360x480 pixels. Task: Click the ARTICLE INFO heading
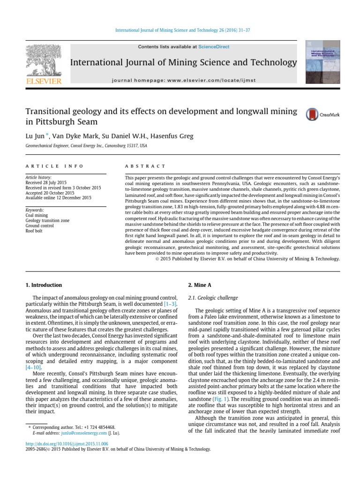(54, 166)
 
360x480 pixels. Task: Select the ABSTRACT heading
(145, 166)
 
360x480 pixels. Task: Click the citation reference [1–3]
(170, 304)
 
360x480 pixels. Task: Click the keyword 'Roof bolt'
(34, 231)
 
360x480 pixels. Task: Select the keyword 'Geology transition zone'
(47, 220)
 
